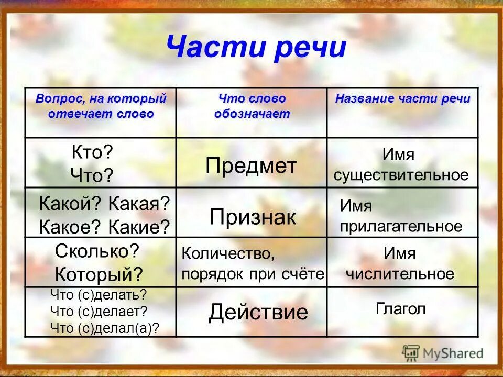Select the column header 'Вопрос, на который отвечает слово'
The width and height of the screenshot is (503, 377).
pos(101,106)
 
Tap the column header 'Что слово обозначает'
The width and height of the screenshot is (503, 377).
pos(252,106)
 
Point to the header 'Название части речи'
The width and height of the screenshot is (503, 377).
pos(402,99)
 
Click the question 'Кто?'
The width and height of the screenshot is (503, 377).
pos(92,152)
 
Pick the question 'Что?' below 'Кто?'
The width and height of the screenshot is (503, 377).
pos(92,175)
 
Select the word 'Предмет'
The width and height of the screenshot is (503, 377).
pos(251,166)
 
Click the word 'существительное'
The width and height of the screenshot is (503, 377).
pos(401,175)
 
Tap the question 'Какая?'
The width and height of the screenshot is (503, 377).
pos(140,204)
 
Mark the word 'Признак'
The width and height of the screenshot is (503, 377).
pos(253,217)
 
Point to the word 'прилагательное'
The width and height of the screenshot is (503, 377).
pos(401,226)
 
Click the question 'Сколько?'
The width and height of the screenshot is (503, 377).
pos(97,251)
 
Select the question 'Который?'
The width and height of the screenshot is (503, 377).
pos(99,273)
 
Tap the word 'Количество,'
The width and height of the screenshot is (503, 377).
pos(228,253)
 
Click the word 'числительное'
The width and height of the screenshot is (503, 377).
pos(400,273)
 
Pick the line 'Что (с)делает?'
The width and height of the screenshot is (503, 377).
pos(99,311)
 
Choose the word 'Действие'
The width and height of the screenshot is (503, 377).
pos(258,313)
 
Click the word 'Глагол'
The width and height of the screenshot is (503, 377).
pos(401,309)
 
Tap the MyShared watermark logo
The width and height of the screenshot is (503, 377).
pos(443,353)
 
